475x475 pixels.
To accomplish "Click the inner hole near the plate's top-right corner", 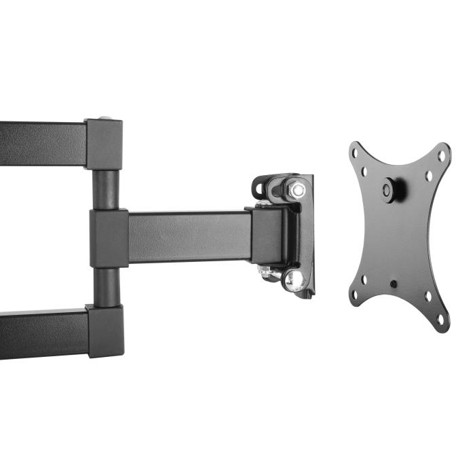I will pos(429,176).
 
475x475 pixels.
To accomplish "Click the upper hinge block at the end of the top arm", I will pos(104,145).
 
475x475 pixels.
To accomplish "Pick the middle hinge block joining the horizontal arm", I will pos(109,237).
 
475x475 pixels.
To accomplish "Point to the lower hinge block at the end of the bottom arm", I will pos(105,330).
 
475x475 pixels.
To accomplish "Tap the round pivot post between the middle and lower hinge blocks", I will pos(105,286).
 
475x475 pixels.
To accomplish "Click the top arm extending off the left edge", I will pos(41,143).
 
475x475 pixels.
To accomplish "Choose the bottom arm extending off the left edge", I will pos(41,332).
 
